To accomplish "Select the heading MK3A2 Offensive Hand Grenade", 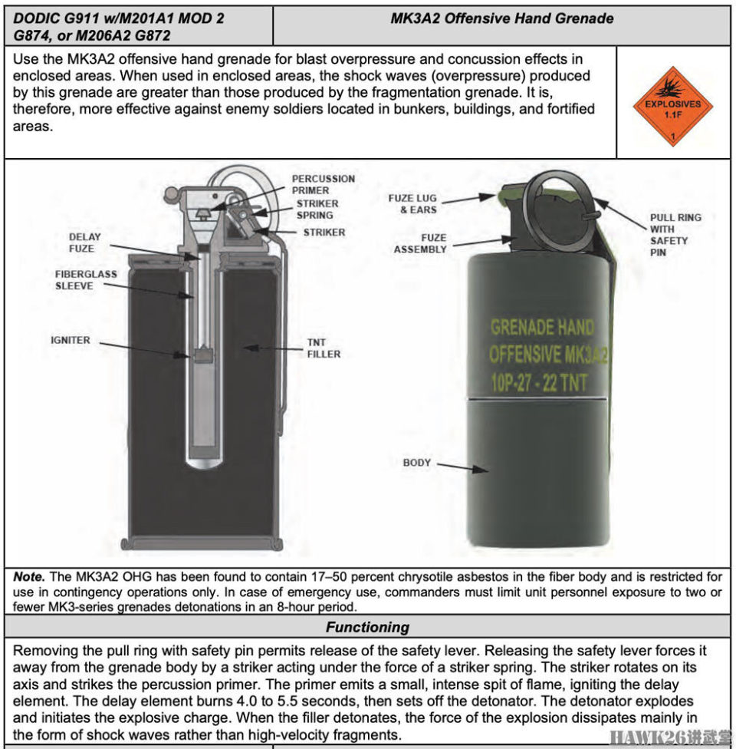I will point(501,18).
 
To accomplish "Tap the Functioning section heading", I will point(367,627).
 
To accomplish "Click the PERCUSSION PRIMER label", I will point(323,184).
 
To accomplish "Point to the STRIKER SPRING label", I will point(317,210).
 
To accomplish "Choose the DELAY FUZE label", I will point(84,243).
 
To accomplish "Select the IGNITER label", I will point(71,340).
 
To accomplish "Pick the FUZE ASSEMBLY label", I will point(420,243).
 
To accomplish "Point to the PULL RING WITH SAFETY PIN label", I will point(675,234).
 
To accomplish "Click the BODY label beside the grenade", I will point(417,463).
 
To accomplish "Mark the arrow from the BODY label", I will point(464,467).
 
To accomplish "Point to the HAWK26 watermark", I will point(668,738).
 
